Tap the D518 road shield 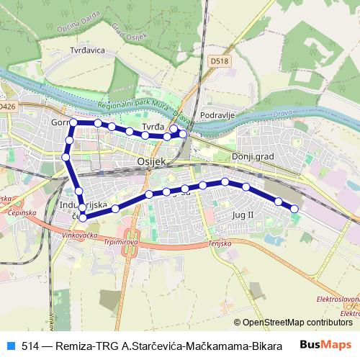point(220,62)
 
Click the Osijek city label point(151,162)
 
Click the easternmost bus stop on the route point(294,209)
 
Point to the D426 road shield point(6,106)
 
